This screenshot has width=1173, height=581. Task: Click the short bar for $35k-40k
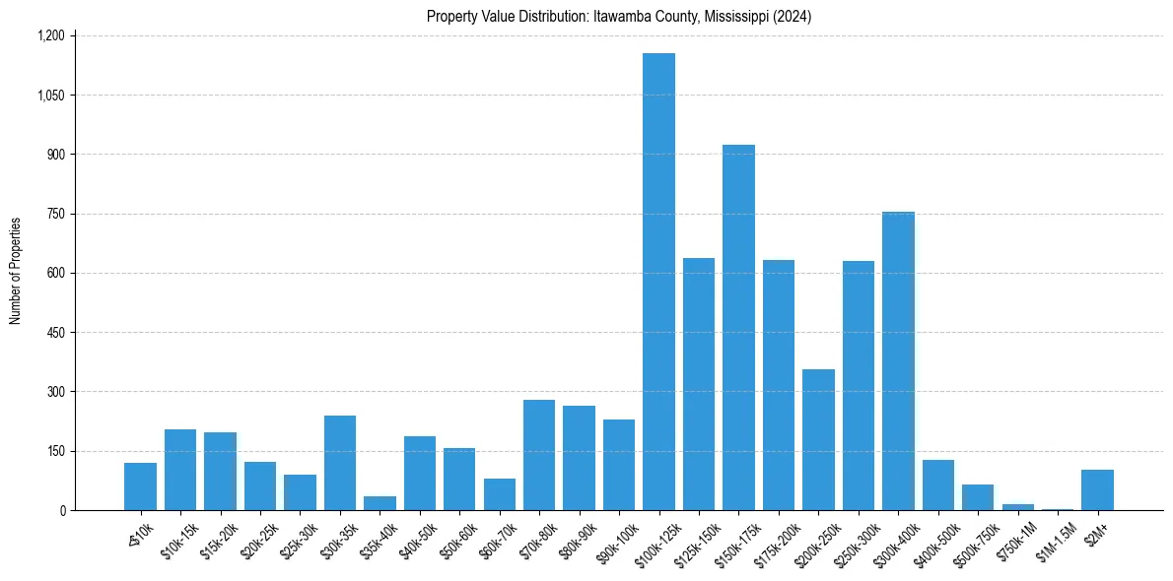click(379, 503)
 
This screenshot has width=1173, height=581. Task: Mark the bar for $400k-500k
click(938, 485)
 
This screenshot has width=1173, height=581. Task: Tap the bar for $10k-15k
click(180, 470)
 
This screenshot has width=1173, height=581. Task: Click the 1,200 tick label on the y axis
click(50, 36)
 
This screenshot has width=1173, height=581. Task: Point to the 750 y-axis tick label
click(55, 214)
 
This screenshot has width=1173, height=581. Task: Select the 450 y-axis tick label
click(55, 333)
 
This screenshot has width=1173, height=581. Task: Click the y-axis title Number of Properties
click(16, 271)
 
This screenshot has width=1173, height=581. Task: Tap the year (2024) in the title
click(792, 17)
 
